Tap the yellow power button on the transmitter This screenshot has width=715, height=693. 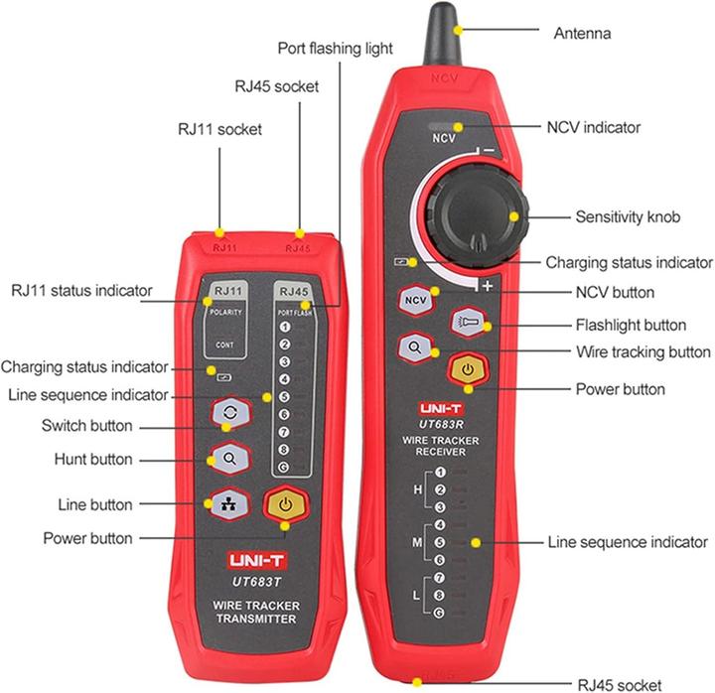285,503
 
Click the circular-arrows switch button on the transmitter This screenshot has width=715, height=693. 228,414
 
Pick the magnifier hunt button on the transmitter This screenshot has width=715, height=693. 228,458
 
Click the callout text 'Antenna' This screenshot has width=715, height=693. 581,33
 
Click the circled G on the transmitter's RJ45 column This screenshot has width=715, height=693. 285,467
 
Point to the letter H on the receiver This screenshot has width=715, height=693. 419,490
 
